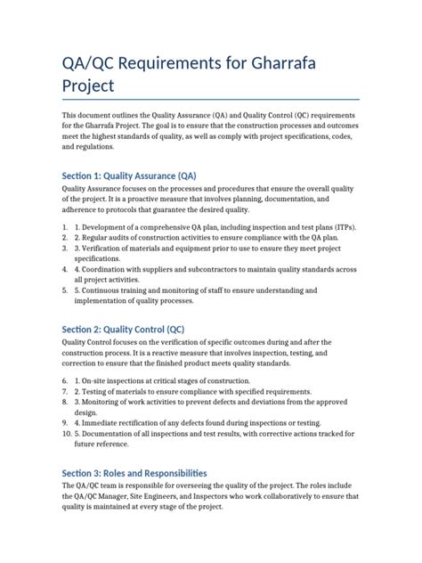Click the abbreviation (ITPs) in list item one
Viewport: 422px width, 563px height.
tap(342, 228)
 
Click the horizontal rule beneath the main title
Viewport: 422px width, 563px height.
tap(210, 100)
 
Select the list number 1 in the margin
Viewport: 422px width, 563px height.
tap(65, 228)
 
